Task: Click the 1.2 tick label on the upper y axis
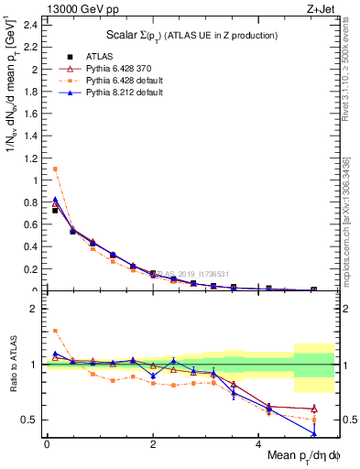(29, 158)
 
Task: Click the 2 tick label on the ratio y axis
(34, 309)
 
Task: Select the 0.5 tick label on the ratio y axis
(29, 420)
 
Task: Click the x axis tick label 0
(47, 444)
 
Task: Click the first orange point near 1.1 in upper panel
(55, 169)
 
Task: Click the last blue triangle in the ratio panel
(314, 433)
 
